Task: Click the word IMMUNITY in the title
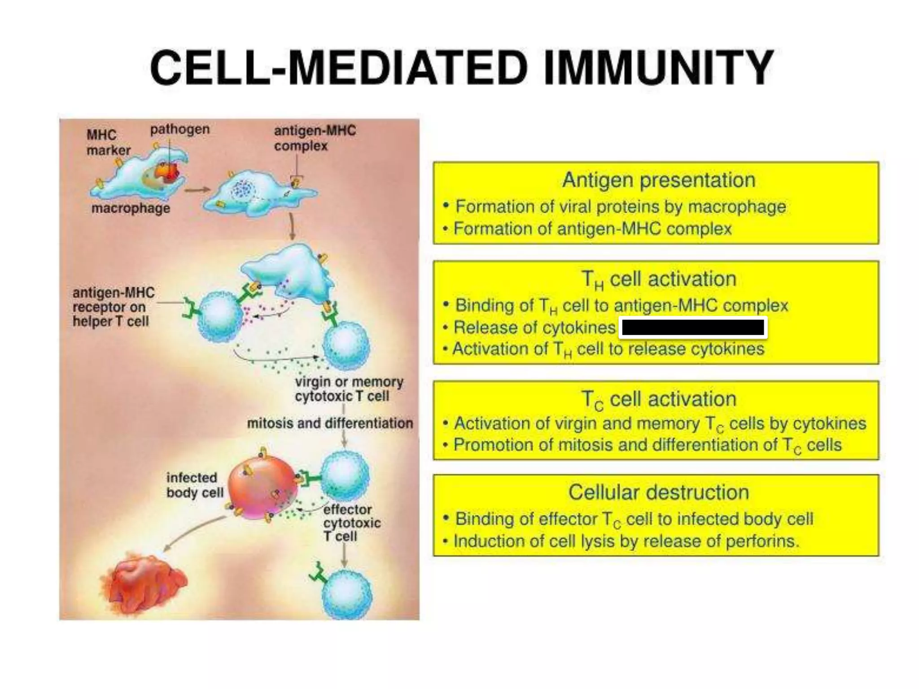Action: [658, 68]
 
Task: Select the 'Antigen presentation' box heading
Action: [658, 180]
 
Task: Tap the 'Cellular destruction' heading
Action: [658, 493]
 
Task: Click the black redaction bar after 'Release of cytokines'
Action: [693, 328]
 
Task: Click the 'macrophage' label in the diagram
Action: [131, 209]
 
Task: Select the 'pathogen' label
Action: [179, 130]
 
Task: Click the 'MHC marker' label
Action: [108, 142]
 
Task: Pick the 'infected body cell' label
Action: [194, 485]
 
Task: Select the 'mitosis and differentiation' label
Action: [330, 423]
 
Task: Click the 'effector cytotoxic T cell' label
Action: [351, 523]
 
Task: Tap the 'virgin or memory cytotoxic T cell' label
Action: [349, 389]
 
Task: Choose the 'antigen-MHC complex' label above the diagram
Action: [315, 138]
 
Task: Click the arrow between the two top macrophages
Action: [197, 190]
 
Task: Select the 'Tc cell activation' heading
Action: [658, 399]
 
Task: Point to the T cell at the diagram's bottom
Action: [347, 593]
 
